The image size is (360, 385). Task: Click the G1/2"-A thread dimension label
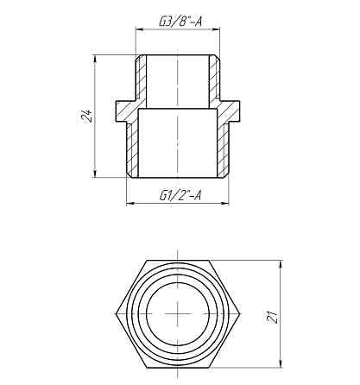pyautogui.click(x=180, y=195)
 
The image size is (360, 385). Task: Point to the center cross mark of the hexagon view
pyautogui.click(x=180, y=311)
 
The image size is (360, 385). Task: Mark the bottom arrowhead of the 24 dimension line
pyautogui.click(x=94, y=176)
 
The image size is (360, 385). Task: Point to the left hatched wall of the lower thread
pyautogui.click(x=132, y=147)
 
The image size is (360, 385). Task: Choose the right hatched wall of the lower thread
pyautogui.click(x=228, y=147)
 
